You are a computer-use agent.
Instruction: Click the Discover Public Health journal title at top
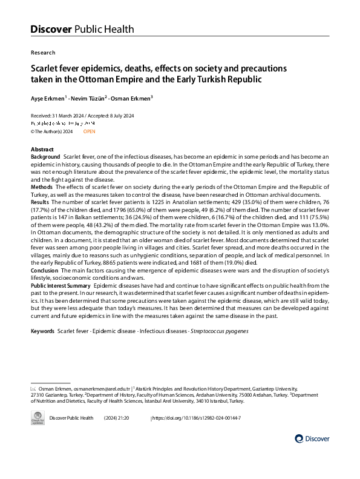click(x=82, y=28)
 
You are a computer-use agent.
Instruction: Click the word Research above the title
click(x=42, y=53)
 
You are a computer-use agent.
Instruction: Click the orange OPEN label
click(x=89, y=131)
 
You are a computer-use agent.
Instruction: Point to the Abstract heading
click(x=42, y=150)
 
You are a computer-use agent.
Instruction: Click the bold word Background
click(x=45, y=157)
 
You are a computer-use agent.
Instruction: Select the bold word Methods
click(x=42, y=187)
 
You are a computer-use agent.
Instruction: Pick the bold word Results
click(x=41, y=202)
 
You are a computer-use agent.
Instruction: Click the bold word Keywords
click(x=42, y=331)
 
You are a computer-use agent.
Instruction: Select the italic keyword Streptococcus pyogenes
click(x=219, y=331)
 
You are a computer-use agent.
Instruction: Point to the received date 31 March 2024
click(x=68, y=116)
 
